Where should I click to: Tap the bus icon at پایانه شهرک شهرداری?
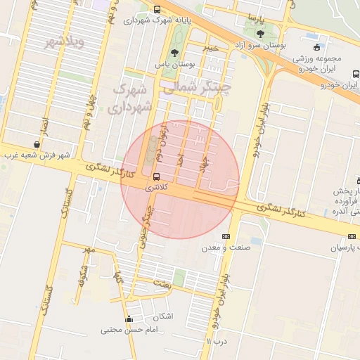point(156,9)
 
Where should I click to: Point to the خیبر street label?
point(211,48)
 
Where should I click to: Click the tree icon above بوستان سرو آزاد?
point(261,33)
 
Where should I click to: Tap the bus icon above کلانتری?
point(156,176)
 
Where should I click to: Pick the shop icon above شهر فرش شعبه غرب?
point(37,143)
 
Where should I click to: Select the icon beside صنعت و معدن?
point(226,236)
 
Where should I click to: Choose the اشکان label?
point(162,316)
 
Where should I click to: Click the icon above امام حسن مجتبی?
point(128,320)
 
